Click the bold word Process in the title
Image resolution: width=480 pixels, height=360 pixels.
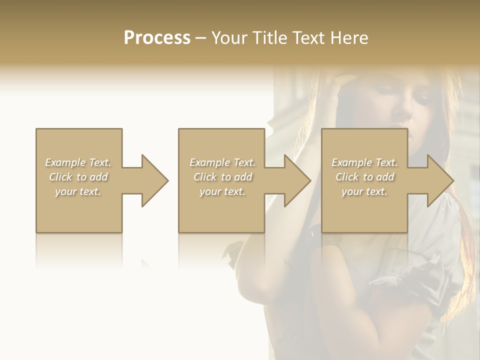[x=157, y=38]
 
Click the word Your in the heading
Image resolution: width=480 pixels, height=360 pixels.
[x=228, y=38]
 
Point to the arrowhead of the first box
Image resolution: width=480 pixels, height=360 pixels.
[x=154, y=180]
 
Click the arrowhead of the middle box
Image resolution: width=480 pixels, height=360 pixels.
[x=297, y=180]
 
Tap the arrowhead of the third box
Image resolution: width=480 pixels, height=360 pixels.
[x=440, y=180]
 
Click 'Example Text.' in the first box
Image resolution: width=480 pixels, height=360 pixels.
[x=78, y=162]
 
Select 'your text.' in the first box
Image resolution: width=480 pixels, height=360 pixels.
[x=78, y=191]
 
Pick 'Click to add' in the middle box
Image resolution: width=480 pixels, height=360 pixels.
[x=222, y=177]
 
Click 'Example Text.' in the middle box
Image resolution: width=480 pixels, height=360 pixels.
[x=222, y=162]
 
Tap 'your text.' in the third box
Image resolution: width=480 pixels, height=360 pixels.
[x=364, y=191]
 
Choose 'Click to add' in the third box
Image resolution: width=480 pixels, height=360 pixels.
[x=364, y=177]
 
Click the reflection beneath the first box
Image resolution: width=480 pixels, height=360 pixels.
[x=79, y=250]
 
